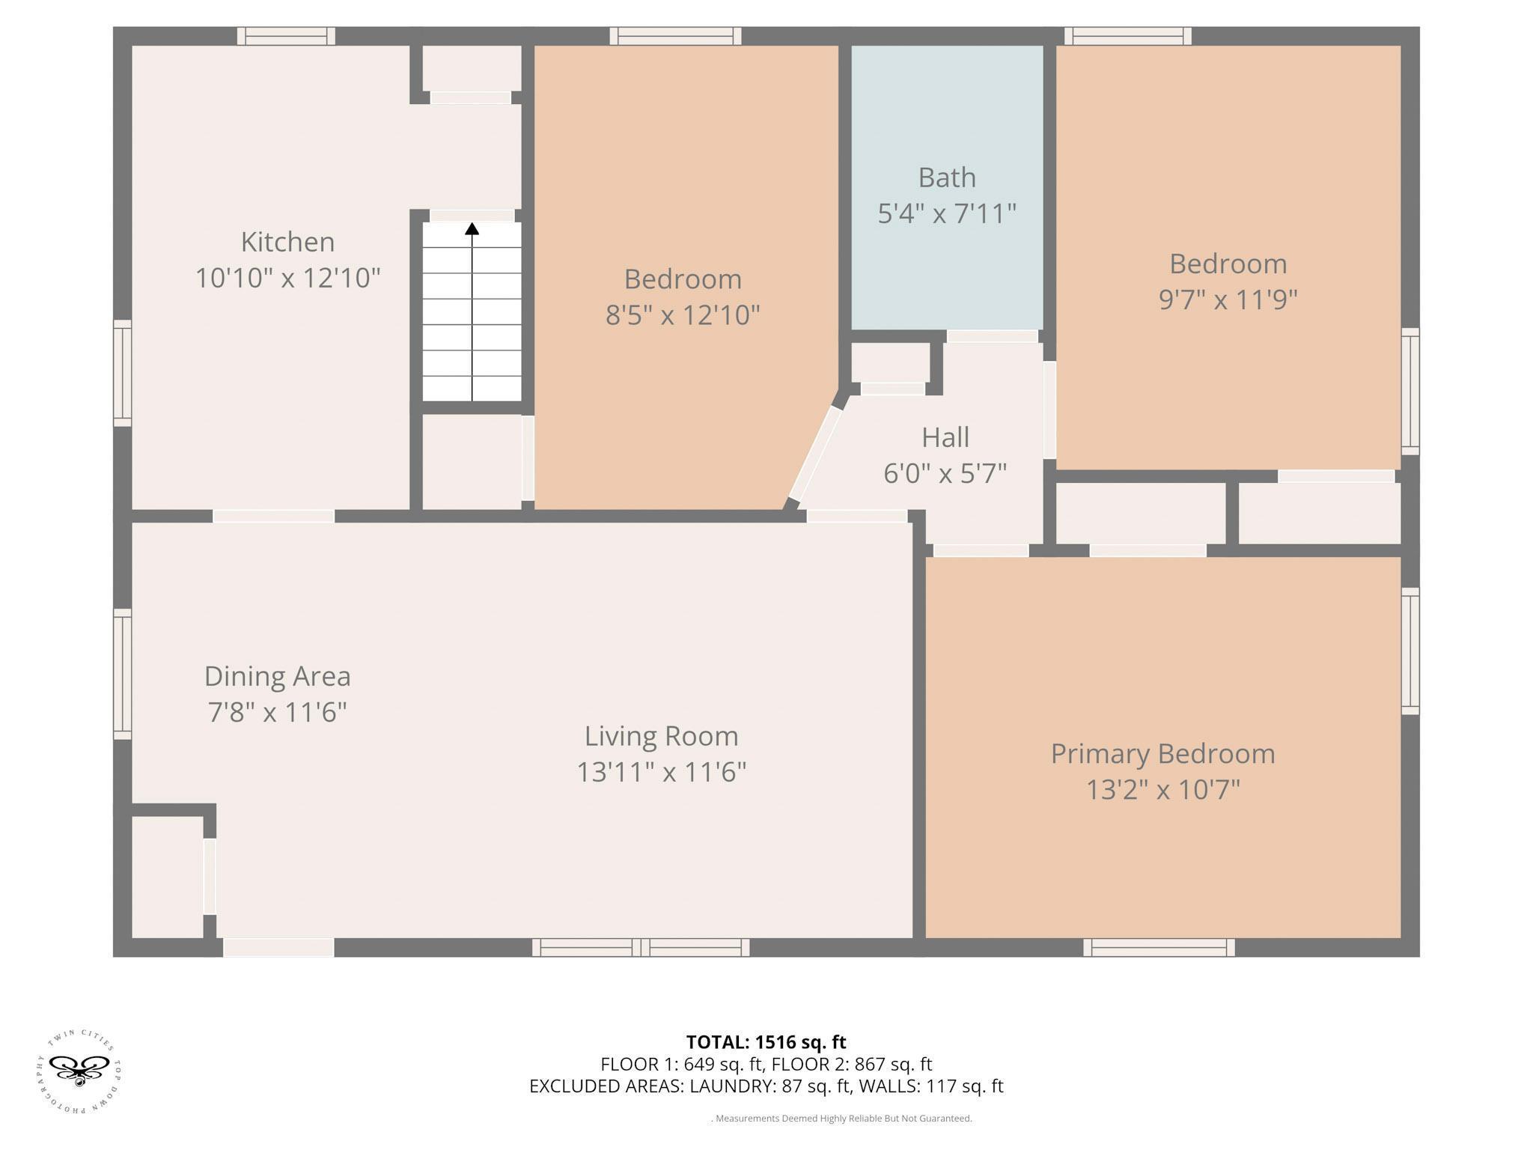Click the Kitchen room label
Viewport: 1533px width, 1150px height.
pyautogui.click(x=287, y=242)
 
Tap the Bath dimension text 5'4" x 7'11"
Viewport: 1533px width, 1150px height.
pyautogui.click(x=947, y=214)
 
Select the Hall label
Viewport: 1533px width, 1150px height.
pyautogui.click(x=945, y=437)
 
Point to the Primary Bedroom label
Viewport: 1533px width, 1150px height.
pyautogui.click(x=1162, y=754)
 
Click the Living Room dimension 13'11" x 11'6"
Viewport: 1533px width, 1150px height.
pyautogui.click(x=662, y=772)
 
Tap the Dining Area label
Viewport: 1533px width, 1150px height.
pyautogui.click(x=278, y=677)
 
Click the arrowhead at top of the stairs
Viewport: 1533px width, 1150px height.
pyautogui.click(x=472, y=228)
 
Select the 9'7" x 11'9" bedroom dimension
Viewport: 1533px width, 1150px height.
pyautogui.click(x=1228, y=300)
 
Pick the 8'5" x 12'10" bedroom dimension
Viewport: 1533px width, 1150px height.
pyautogui.click(x=683, y=315)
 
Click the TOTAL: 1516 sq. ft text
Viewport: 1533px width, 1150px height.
pyautogui.click(x=766, y=1042)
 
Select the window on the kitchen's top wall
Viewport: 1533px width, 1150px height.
pyautogui.click(x=286, y=36)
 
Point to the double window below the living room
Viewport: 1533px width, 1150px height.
pyautogui.click(x=641, y=947)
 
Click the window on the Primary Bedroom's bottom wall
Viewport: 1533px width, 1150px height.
pyautogui.click(x=1159, y=947)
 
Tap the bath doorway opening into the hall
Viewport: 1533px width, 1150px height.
pyautogui.click(x=993, y=336)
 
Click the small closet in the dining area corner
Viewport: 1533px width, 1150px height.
pyautogui.click(x=168, y=877)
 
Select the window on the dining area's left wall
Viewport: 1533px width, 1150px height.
pyautogui.click(x=122, y=675)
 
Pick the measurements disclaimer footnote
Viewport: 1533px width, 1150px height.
pyautogui.click(x=841, y=1119)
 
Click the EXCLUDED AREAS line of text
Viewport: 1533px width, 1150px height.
pyautogui.click(x=766, y=1086)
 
